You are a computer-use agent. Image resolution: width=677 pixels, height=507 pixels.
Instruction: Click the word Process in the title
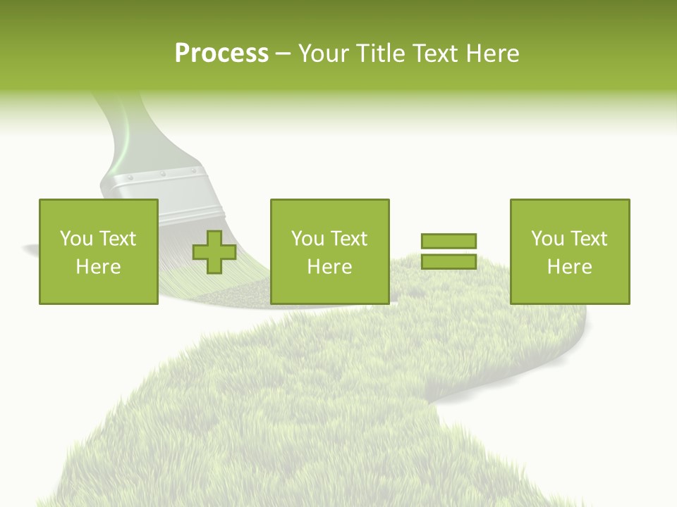tap(221, 54)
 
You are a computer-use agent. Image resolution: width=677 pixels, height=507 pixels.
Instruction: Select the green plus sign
tap(214, 252)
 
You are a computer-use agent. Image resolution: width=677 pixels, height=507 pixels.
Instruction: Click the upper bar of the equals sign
tap(449, 241)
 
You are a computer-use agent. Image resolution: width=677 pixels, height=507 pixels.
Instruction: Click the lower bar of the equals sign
tap(449, 262)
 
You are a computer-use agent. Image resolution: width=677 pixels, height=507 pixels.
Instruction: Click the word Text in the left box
tap(118, 239)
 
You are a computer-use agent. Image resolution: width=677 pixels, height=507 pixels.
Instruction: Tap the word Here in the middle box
tap(329, 267)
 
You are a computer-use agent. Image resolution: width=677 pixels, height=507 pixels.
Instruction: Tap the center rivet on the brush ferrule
tap(162, 173)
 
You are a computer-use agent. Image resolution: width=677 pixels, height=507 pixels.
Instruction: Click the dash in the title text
tap(283, 54)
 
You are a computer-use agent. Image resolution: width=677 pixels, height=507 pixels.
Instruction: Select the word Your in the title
tap(325, 54)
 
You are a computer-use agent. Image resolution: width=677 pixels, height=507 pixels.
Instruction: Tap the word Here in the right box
tap(569, 267)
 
